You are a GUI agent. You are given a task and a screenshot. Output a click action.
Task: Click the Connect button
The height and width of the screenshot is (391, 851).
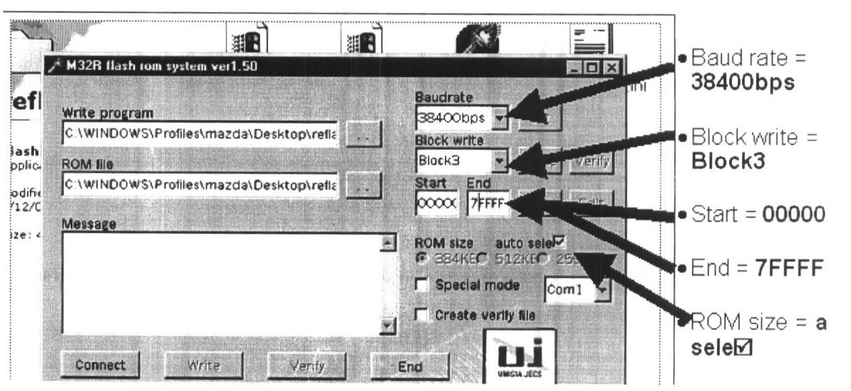[x=100, y=365]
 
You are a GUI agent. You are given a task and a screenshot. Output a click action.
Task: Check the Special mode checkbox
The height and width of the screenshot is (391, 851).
[x=422, y=286]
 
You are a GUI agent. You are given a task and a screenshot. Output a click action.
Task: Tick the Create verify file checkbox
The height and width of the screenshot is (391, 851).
[x=422, y=315]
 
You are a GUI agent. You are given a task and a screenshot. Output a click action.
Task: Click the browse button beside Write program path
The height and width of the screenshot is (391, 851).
[x=364, y=134]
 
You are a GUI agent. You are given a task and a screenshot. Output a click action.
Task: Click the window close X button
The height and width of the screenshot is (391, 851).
[x=612, y=68]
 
